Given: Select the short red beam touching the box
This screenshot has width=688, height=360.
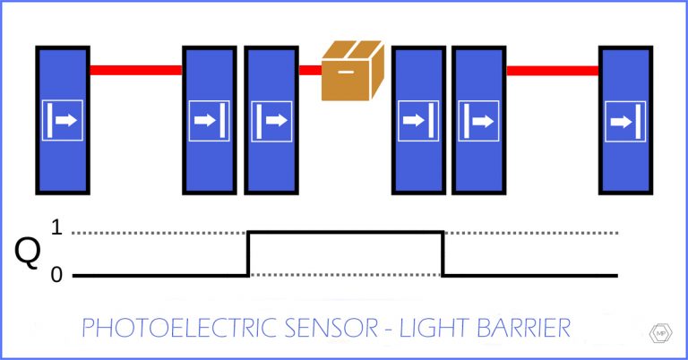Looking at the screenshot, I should (x=310, y=70).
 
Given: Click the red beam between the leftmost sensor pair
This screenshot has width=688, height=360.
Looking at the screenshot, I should (x=136, y=70).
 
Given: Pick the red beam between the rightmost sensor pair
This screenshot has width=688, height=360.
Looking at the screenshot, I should (x=553, y=70).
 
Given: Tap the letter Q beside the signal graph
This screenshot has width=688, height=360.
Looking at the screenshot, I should (x=28, y=253).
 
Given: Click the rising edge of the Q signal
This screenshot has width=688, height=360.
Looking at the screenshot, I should (x=248, y=253).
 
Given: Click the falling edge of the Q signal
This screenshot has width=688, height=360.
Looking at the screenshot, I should (x=443, y=253).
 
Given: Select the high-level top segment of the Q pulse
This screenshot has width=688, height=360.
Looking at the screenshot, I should (x=346, y=232).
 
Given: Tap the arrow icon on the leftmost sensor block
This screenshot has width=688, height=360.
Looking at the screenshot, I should (x=62, y=120).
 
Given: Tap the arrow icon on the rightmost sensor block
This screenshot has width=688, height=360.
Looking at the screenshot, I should (x=625, y=120).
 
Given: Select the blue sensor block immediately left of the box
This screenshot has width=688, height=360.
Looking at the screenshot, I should (x=271, y=120).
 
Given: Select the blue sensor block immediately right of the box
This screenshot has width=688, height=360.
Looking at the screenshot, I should (x=419, y=120).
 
